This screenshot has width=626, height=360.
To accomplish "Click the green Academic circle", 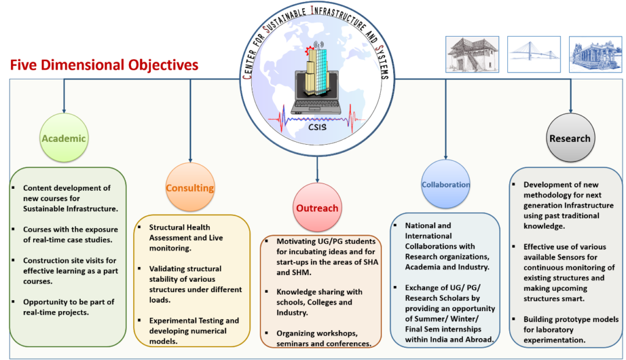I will (x=64, y=138).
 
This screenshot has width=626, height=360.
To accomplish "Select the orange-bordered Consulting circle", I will (x=190, y=188).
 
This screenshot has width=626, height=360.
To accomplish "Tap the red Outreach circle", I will (x=317, y=208).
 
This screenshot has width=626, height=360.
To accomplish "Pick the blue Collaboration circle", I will (x=445, y=184).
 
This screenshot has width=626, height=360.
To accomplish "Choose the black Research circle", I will (x=570, y=138).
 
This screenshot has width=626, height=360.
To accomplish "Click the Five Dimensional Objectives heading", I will (x=104, y=65).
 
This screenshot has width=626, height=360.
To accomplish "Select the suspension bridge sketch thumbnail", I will (x=534, y=54).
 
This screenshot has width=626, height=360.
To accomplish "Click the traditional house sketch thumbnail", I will (x=472, y=54).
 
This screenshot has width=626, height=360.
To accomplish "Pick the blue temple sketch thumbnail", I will (x=595, y=54).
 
